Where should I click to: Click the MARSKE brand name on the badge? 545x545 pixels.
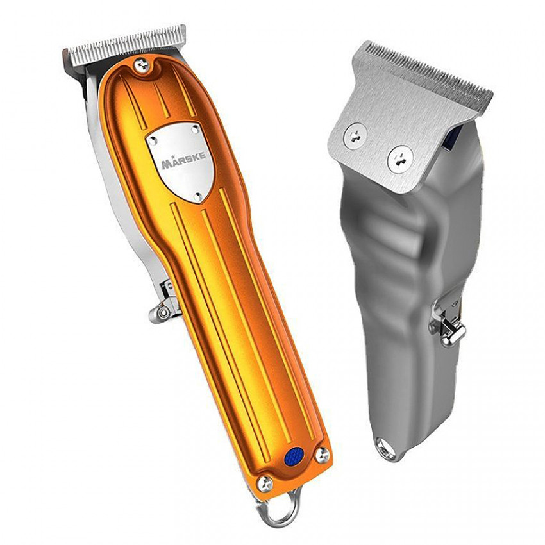coord(183,160)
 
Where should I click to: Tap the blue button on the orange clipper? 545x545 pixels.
coord(294,456)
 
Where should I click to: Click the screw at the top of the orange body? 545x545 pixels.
coord(142,65)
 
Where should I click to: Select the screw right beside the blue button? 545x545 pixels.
coord(323,455)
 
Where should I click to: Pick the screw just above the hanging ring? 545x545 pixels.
coord(265,483)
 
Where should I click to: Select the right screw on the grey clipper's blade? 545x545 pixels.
coord(400,158)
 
